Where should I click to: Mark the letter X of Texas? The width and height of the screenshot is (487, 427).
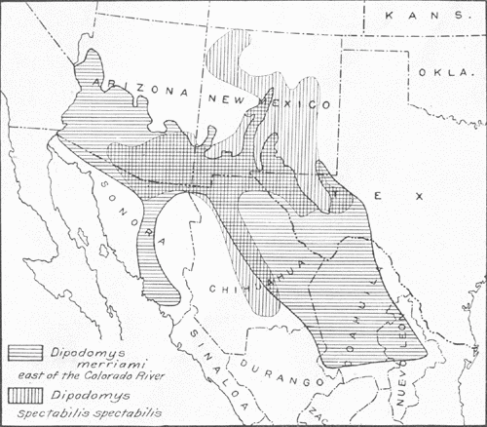click(419, 195)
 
